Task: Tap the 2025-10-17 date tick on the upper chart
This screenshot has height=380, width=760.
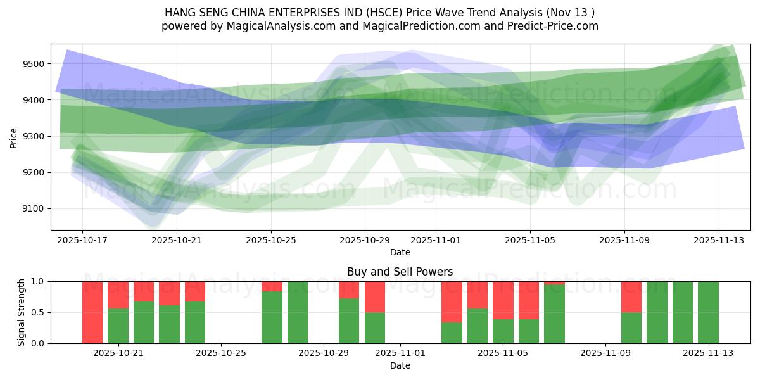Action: click(82, 241)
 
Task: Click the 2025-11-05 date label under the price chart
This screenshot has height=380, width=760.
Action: click(529, 241)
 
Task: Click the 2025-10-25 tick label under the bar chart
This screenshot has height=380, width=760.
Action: click(221, 353)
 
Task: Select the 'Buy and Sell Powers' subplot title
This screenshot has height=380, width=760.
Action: click(400, 272)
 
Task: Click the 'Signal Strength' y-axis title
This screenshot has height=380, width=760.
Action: click(22, 312)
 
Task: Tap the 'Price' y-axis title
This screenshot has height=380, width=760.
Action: click(14, 137)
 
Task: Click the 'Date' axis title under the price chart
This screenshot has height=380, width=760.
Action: click(400, 252)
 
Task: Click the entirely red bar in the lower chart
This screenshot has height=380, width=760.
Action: click(92, 312)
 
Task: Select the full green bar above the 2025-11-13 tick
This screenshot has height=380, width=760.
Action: click(708, 312)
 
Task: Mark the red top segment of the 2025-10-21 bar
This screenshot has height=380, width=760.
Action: click(118, 294)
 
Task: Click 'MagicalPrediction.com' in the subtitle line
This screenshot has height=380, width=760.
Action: click(405, 26)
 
